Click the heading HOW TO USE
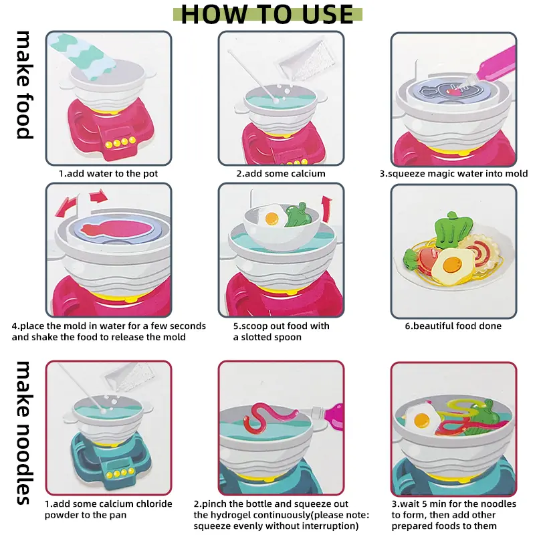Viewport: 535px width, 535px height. pos(267,14)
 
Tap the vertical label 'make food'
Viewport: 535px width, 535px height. pos(25,85)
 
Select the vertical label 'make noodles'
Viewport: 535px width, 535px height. pos(25,433)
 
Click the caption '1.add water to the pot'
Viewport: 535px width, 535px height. pos(108,174)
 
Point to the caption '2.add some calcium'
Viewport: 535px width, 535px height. pos(281,174)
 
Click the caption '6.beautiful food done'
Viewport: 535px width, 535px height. pos(453,326)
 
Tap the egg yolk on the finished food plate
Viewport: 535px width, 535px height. pos(452,263)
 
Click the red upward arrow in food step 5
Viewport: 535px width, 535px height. pos(326,209)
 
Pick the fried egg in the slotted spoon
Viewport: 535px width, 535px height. pos(272,215)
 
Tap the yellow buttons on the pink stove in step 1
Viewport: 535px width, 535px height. pos(120,142)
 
